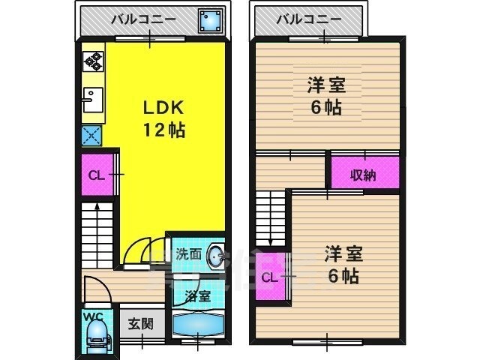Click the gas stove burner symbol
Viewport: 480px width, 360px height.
coord(93,60)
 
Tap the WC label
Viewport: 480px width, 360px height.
coord(94,316)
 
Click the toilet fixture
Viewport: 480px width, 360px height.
coord(95,334)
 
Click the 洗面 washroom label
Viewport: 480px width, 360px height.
coord(188,254)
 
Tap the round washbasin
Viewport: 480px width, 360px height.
coord(215,256)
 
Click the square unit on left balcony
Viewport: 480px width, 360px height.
coord(209,21)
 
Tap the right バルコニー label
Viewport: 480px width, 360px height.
coord(307,19)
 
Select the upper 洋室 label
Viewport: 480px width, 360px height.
coord(325,85)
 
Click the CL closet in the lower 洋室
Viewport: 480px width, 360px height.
coord(271,278)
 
